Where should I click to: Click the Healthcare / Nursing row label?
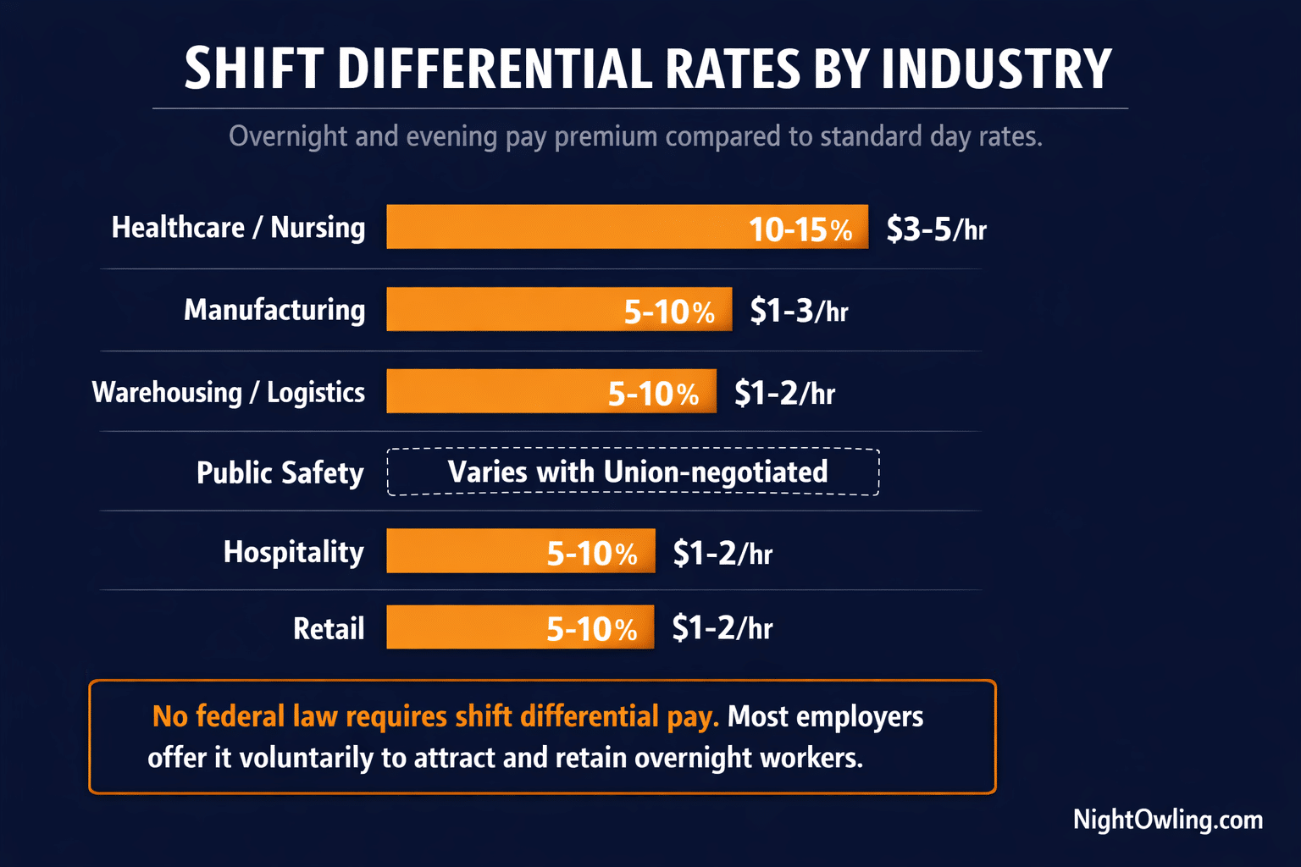[x=238, y=228]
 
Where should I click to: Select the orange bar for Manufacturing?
[x=559, y=310]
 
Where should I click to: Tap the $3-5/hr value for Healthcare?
[x=936, y=229]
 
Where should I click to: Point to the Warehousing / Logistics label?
[x=228, y=393]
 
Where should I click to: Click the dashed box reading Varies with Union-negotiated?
[x=634, y=472]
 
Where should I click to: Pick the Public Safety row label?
[x=280, y=473]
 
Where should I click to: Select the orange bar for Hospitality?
[x=520, y=551]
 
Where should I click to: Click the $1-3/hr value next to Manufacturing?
[x=799, y=312]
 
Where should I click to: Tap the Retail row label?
[x=328, y=629]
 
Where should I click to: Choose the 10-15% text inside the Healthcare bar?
[x=800, y=229]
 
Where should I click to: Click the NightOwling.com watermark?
[x=1167, y=820]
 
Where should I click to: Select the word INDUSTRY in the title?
[x=996, y=69]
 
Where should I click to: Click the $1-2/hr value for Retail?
[x=722, y=628]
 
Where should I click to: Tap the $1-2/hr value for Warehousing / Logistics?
[x=784, y=394]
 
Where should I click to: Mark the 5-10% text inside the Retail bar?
[x=591, y=629]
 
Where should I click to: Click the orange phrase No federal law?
[x=245, y=716]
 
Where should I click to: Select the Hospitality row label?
[x=293, y=552]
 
